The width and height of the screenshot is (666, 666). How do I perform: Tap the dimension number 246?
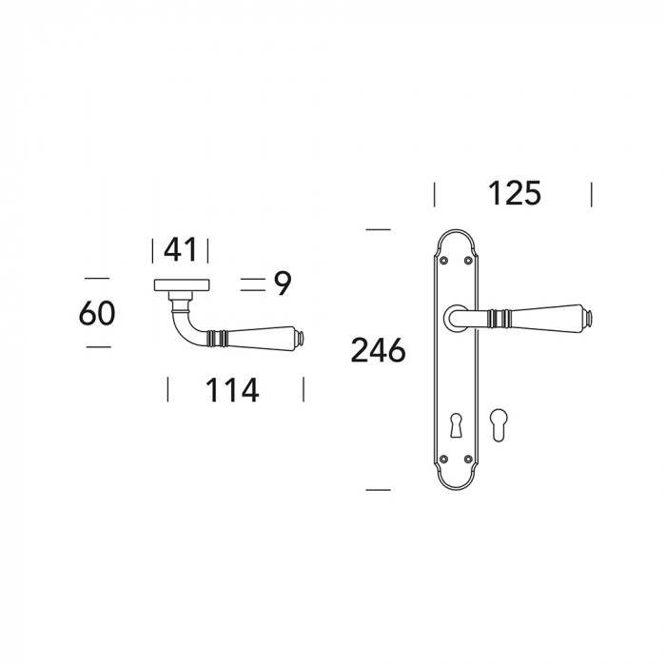pyautogui.click(x=378, y=351)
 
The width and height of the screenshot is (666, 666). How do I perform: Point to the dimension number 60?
pyautogui.click(x=97, y=313)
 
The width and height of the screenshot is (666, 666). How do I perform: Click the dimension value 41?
pyautogui.click(x=180, y=250)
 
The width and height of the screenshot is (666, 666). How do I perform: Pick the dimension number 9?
pyautogui.click(x=282, y=283)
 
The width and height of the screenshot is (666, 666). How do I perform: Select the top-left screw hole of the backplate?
pyautogui.click(x=442, y=258)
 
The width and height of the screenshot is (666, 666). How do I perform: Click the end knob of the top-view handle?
pyautogui.click(x=301, y=337)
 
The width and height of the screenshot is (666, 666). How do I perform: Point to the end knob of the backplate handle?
pyautogui.click(x=590, y=315)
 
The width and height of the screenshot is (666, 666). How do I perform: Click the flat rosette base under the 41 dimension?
pyautogui.click(x=180, y=284)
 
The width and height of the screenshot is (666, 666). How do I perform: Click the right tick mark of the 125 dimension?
pyautogui.click(x=591, y=194)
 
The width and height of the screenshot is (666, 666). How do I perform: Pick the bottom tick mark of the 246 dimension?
pyautogui.click(x=378, y=489)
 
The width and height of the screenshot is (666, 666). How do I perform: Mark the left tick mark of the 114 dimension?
pyautogui.click(x=168, y=389)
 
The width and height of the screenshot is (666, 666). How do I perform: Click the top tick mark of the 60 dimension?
pyautogui.click(x=97, y=278)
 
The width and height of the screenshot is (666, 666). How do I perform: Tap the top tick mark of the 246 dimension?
pyautogui.click(x=378, y=229)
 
